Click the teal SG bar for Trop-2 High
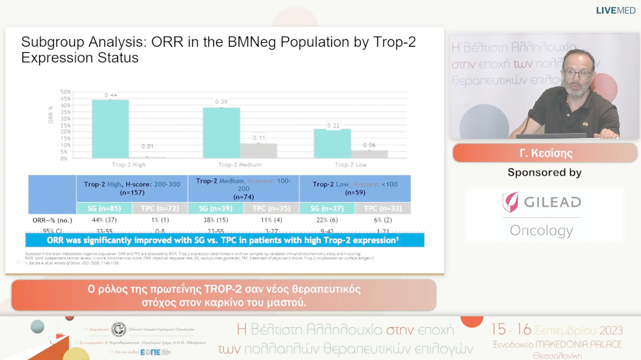(110, 128)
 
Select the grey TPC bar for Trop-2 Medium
(258, 150)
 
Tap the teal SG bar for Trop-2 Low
(332, 143)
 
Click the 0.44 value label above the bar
(110, 95)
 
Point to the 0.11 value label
(258, 138)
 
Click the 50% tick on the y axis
(65, 91)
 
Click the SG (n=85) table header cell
(104, 208)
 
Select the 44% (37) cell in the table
(104, 220)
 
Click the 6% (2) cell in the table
(383, 220)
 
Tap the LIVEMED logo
(616, 10)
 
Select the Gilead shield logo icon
(510, 202)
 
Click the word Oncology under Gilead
(541, 230)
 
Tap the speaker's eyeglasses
(577, 74)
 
